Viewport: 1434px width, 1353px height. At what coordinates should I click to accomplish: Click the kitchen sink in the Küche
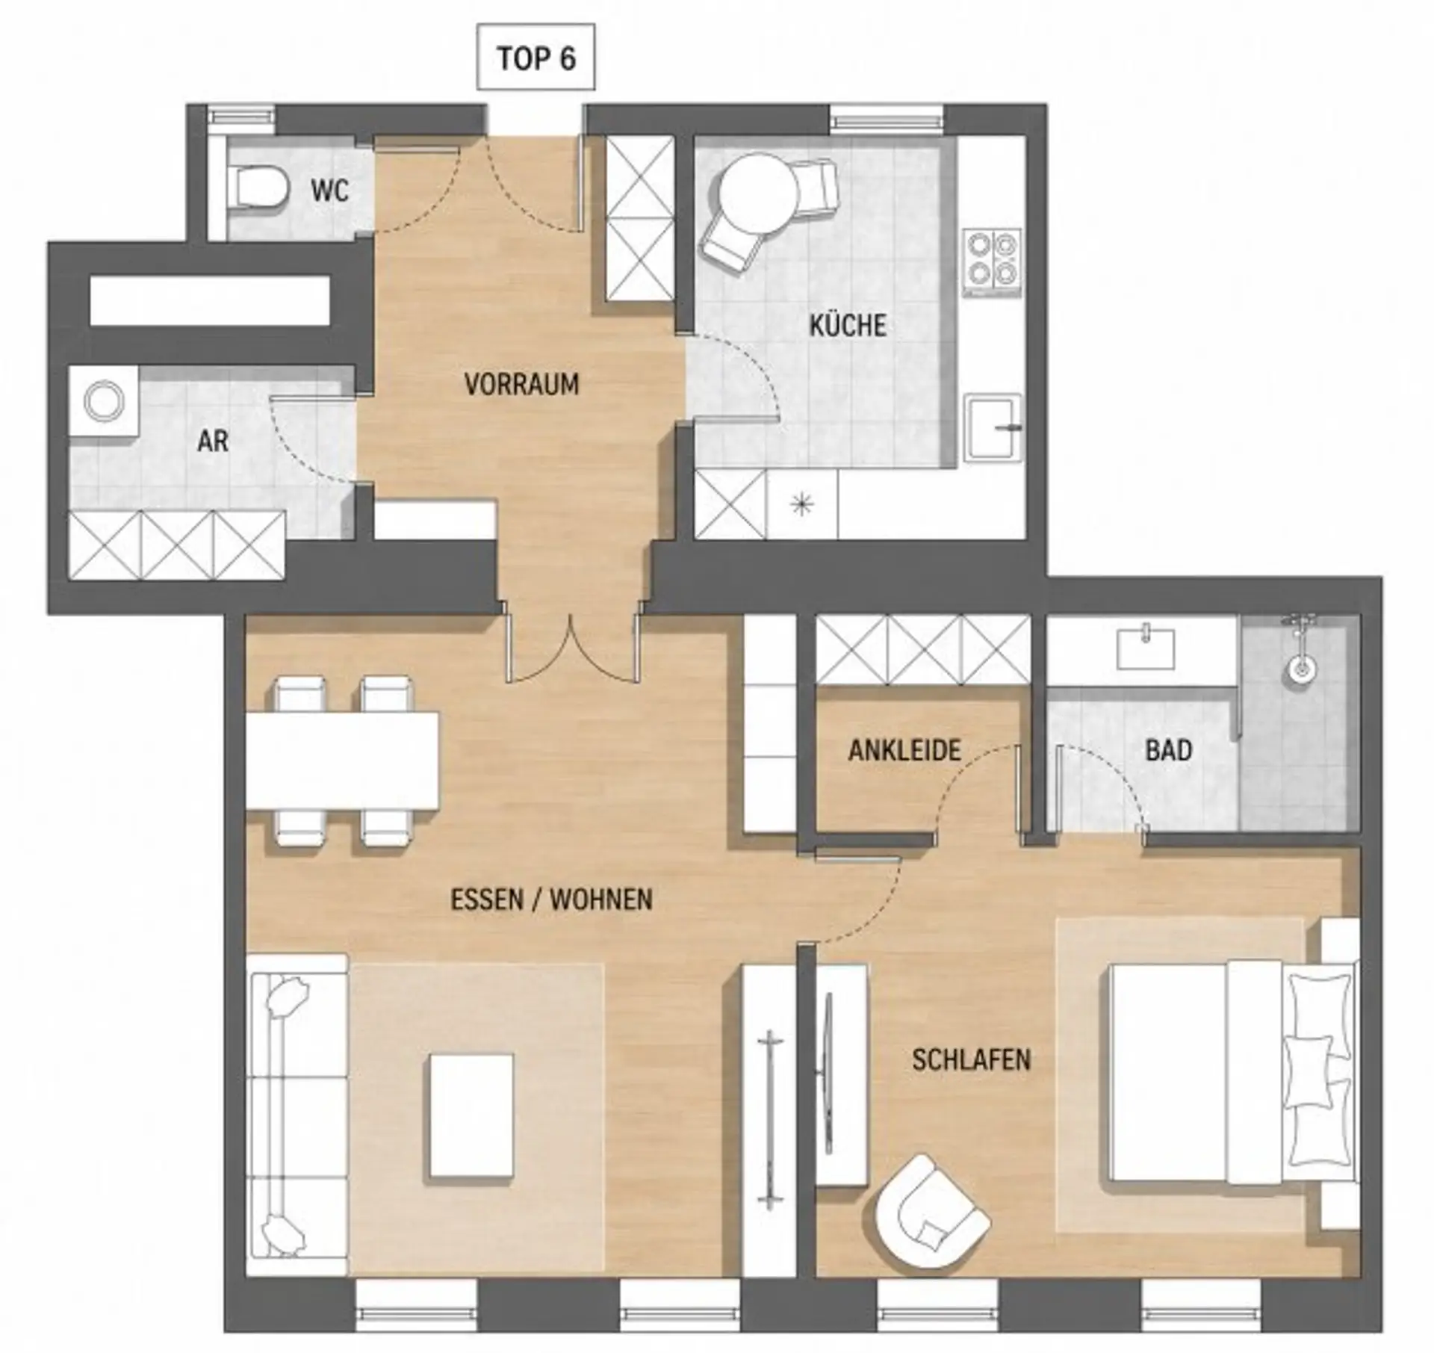point(994,427)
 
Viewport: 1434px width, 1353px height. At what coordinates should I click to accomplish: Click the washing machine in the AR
point(103,401)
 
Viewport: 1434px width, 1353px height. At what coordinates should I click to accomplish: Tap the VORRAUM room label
point(521,385)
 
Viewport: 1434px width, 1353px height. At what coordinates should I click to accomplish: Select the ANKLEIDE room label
point(904,749)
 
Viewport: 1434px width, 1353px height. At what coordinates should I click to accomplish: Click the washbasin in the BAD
point(1145,648)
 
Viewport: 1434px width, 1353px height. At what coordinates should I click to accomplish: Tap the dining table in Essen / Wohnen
point(343,761)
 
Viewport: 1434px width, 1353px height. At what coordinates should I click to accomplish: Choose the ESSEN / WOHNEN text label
point(551,900)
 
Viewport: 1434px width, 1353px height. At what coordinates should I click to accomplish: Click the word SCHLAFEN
point(971,1059)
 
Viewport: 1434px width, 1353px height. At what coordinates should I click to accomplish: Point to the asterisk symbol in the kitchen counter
point(802,506)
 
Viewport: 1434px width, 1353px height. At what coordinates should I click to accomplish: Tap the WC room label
point(329,191)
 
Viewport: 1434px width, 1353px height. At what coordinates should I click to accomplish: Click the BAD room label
point(1169,750)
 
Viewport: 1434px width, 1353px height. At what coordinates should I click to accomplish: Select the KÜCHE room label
point(848,326)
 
